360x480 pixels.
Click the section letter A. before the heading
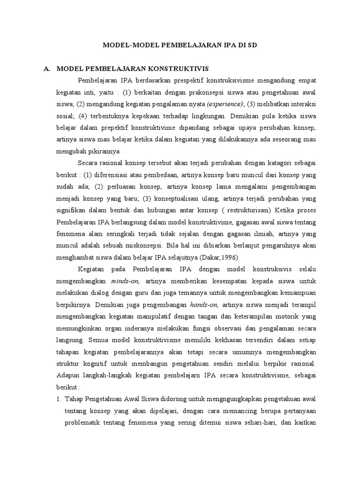point(47,68)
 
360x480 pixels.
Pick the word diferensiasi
point(115,175)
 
